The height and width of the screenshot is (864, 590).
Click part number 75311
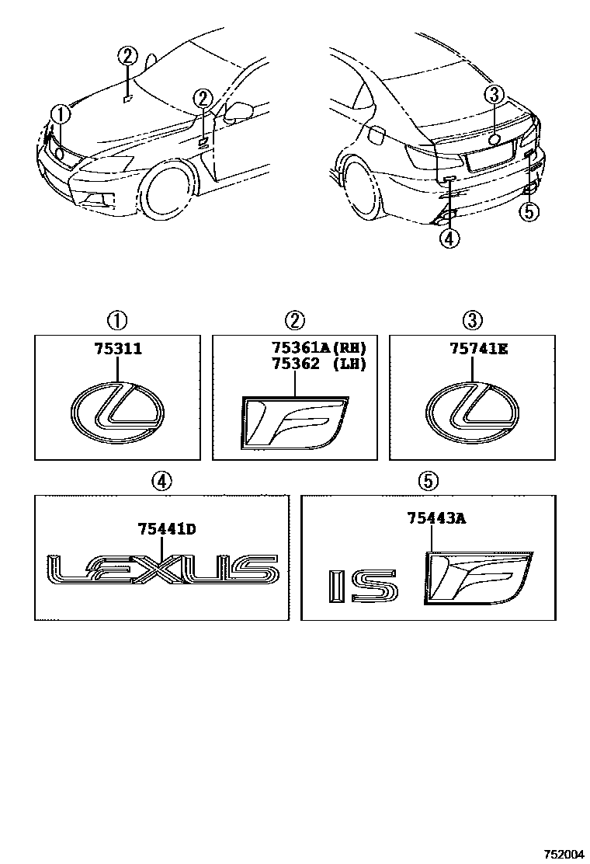[x=118, y=351]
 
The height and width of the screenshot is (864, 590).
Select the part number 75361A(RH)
[x=318, y=348]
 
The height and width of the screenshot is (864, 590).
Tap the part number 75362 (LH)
[x=318, y=363]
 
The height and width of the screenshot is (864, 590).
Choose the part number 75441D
[x=166, y=530]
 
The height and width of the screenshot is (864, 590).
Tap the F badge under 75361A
[x=294, y=423]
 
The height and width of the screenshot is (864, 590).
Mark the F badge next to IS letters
[x=477, y=577]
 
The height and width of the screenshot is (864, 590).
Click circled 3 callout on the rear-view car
[x=494, y=96]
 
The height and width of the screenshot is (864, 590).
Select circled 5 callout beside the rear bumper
[x=528, y=211]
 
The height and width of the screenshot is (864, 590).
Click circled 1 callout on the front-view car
[x=61, y=114]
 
